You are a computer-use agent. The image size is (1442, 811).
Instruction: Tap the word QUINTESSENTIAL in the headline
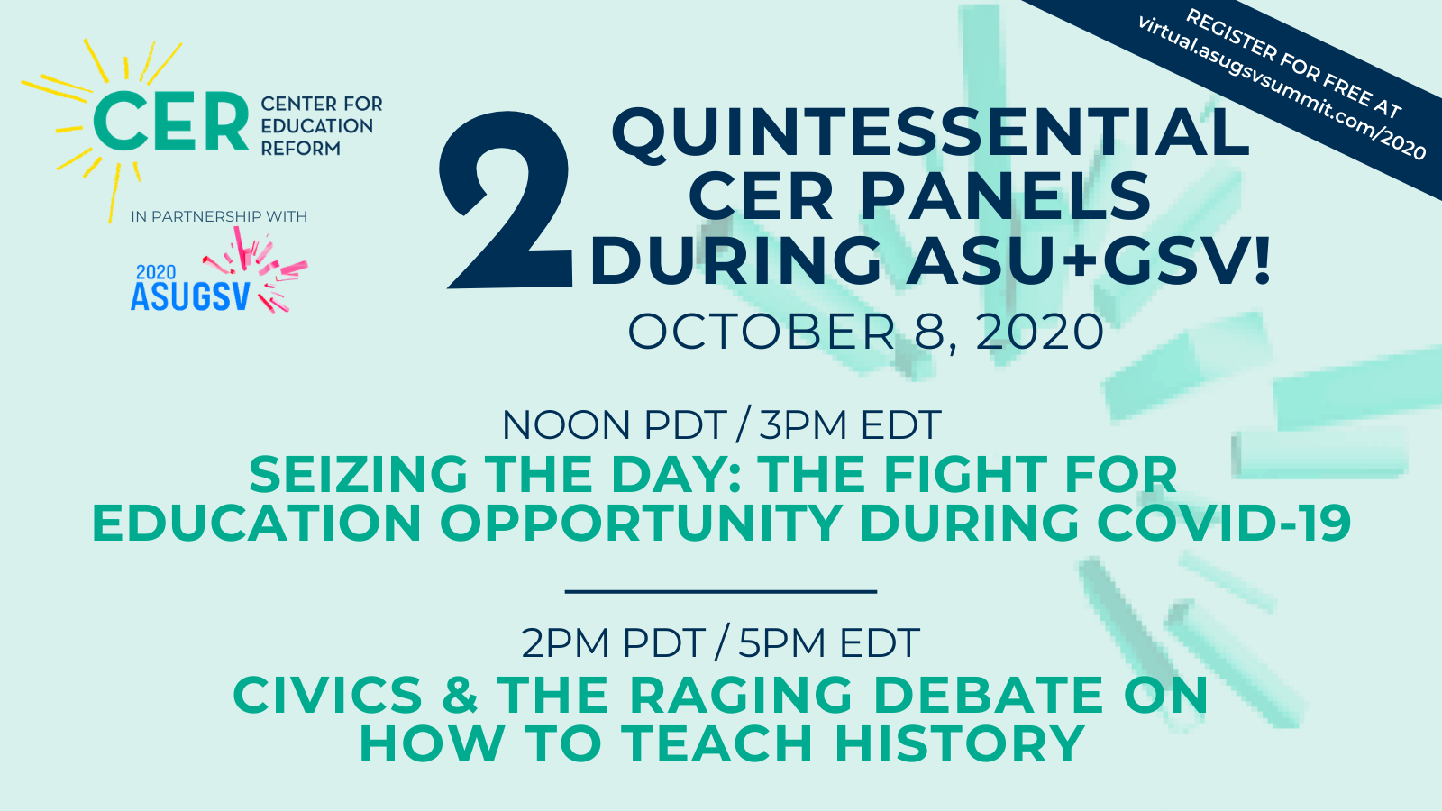(x=930, y=132)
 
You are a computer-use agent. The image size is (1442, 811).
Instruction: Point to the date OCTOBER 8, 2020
(x=865, y=332)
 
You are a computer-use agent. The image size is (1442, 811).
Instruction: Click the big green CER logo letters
(x=170, y=123)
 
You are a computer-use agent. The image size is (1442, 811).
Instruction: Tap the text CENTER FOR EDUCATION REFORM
(x=321, y=126)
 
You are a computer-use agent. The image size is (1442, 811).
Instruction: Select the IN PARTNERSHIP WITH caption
(x=219, y=216)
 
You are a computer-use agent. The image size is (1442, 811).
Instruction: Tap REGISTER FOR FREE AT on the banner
(x=1293, y=63)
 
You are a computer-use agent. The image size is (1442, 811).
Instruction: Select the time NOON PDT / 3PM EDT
(x=721, y=425)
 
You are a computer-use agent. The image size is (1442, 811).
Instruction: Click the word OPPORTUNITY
(x=641, y=524)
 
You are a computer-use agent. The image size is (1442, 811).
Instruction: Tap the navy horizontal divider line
(x=721, y=591)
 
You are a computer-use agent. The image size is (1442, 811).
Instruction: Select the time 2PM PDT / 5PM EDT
(x=720, y=643)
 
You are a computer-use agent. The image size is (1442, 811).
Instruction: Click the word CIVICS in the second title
(x=327, y=696)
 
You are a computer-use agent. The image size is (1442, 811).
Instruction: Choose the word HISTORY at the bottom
(x=959, y=744)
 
